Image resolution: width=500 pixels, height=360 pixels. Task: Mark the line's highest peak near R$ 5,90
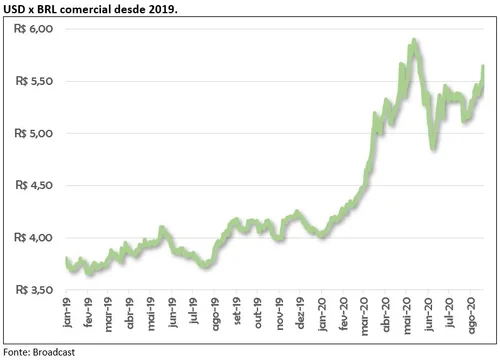tap(413, 42)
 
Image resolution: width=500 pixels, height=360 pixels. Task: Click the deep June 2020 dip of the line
tap(433, 149)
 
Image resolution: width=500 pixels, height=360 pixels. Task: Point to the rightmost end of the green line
tap(483, 67)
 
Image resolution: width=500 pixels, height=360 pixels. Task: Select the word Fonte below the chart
tap(14, 352)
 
